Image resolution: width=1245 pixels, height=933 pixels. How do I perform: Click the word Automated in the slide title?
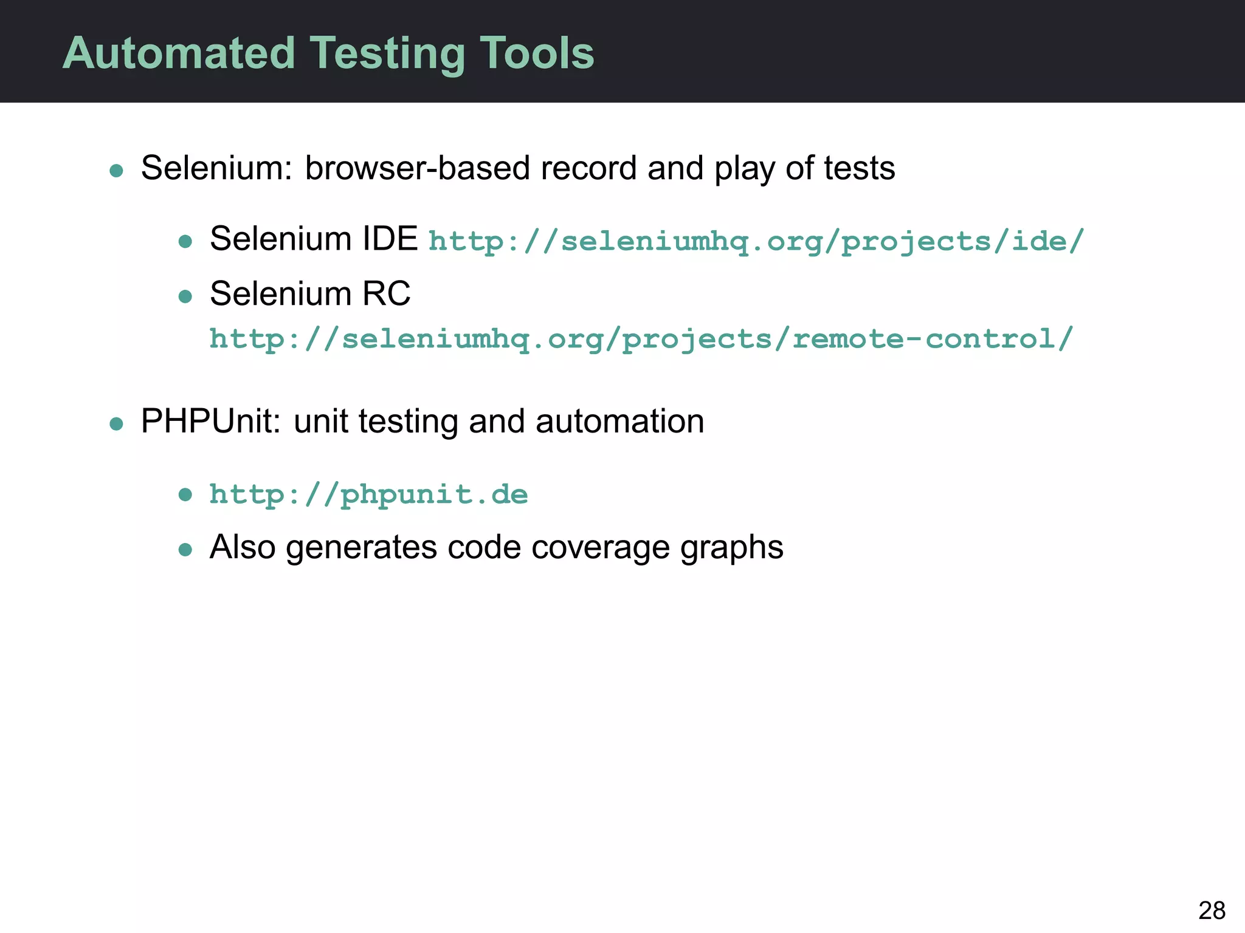[179, 53]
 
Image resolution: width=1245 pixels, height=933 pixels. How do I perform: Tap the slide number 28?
[1212, 911]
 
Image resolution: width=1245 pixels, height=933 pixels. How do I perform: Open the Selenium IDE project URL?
[756, 242]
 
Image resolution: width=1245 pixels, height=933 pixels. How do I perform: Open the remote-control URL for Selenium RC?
[641, 339]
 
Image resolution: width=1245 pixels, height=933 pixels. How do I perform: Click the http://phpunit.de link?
[368, 494]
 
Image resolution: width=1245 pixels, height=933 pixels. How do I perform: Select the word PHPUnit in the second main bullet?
[210, 421]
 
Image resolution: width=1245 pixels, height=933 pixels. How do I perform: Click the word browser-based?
[417, 168]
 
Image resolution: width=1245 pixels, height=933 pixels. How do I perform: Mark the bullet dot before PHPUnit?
[116, 423]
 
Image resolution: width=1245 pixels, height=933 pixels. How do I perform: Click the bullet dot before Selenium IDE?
[185, 242]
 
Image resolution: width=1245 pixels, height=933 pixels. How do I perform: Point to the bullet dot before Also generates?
[185, 550]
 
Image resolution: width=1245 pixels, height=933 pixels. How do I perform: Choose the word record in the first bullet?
[588, 168]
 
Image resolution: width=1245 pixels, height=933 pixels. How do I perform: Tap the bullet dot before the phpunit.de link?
[185, 495]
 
